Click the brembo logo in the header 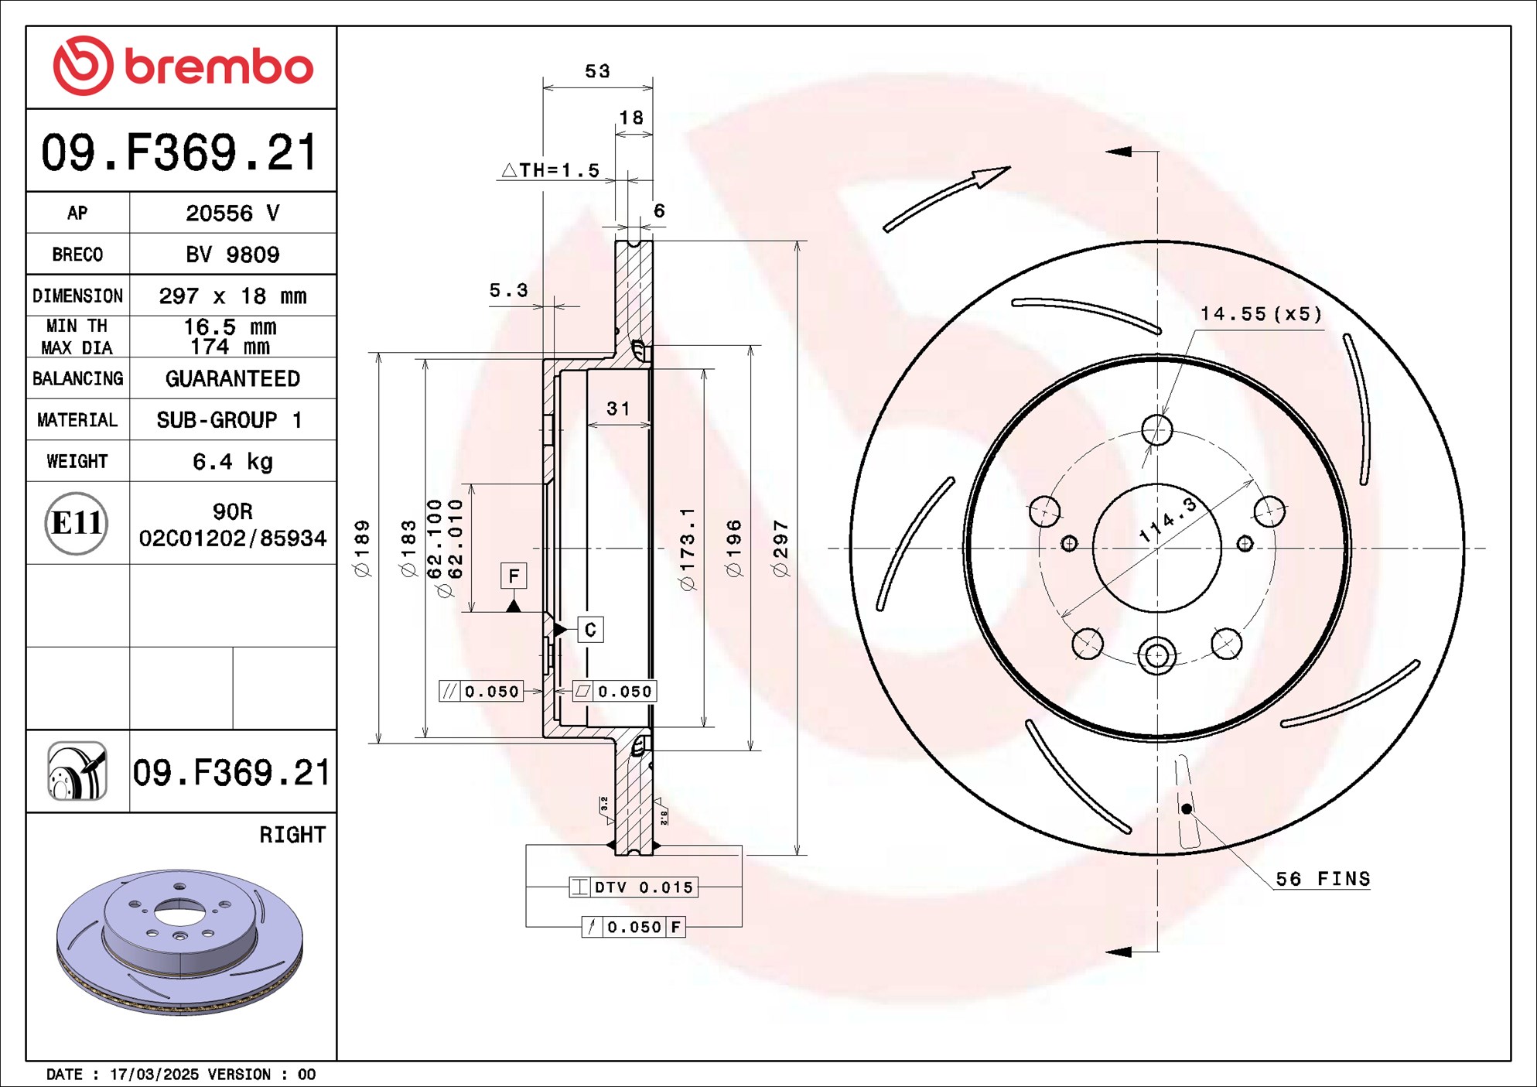click(x=183, y=66)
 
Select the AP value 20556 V click(x=232, y=213)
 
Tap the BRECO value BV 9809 click(x=232, y=255)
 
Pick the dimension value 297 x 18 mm click(x=232, y=296)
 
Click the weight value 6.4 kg click(x=232, y=461)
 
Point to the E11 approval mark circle click(x=76, y=523)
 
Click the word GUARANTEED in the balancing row click(x=232, y=378)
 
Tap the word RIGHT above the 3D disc click(x=292, y=835)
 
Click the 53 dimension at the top click(x=597, y=71)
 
